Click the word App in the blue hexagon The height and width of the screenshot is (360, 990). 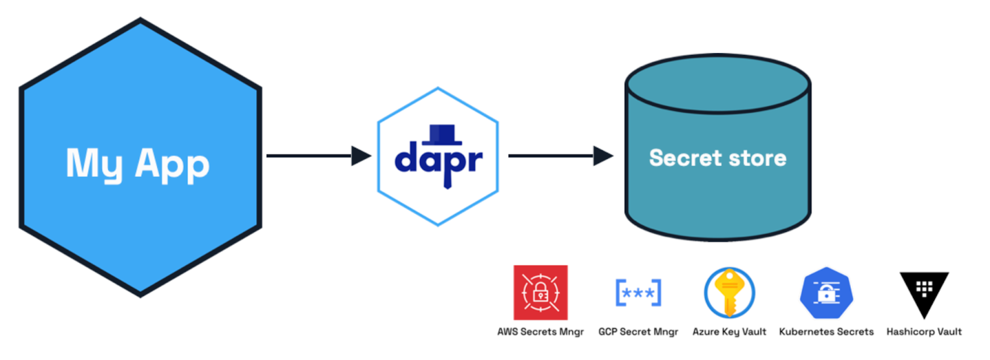pos(172,165)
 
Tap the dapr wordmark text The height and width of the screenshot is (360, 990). pos(438,160)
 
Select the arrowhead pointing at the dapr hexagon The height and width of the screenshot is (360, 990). pos(361,156)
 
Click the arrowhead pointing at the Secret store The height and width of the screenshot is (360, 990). pos(603,156)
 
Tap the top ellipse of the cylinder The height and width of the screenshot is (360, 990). pos(718,84)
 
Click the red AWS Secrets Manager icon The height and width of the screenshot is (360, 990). pos(540,292)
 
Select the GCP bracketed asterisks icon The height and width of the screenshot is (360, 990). pos(639,293)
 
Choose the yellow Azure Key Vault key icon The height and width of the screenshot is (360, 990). pos(730,293)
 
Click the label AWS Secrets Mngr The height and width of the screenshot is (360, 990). pos(540,332)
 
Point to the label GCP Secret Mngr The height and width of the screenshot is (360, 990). pos(638,332)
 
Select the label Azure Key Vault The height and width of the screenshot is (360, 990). pos(729,332)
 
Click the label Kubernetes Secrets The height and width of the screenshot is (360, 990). pos(826,332)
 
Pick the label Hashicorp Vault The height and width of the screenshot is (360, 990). pos(924,332)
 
